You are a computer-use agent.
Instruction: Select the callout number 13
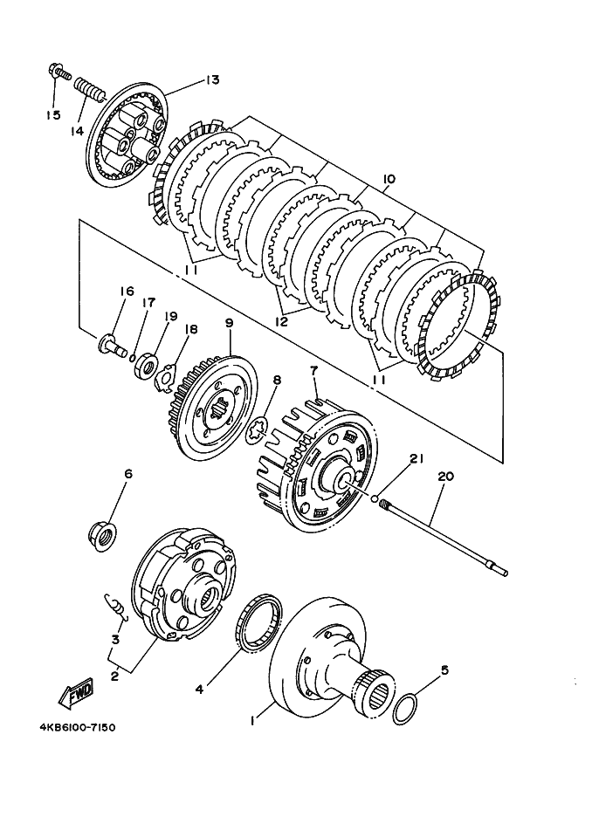(211, 80)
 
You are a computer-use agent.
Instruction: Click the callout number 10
(389, 179)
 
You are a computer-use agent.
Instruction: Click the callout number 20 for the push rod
(446, 477)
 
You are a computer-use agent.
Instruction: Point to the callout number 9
(229, 322)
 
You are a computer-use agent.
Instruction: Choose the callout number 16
(127, 292)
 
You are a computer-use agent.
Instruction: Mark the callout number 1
(252, 721)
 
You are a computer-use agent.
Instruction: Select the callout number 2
(114, 674)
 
